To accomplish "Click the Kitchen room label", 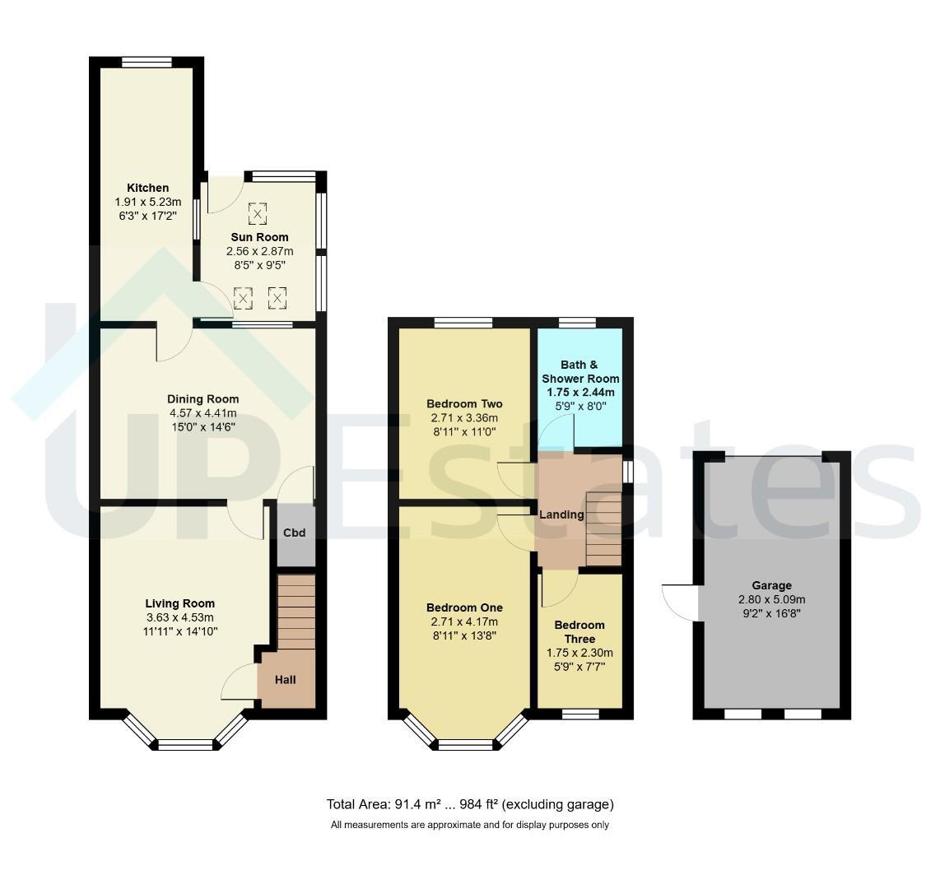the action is tap(147, 188).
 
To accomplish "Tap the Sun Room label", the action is tap(259, 237).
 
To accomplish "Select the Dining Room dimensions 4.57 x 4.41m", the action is tap(202, 413).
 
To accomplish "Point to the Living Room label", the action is tap(179, 603).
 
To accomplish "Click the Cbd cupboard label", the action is tap(295, 533).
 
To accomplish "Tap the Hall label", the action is tap(286, 680).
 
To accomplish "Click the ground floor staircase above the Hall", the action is tap(296, 612).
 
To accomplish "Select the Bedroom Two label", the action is tap(464, 403).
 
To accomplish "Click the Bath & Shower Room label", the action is tap(579, 372).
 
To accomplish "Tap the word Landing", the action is tap(561, 514).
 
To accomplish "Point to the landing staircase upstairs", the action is tap(603, 528).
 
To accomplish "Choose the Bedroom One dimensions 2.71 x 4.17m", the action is tap(464, 621).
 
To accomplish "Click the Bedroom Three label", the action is tap(579, 632).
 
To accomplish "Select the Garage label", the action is tap(771, 585).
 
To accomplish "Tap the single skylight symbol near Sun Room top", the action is tap(257, 212).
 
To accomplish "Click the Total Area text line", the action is tap(470, 804).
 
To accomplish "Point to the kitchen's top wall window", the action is tap(147, 62).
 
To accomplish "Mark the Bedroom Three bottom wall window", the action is tap(580, 714).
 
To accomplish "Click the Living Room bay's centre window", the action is tap(184, 744).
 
